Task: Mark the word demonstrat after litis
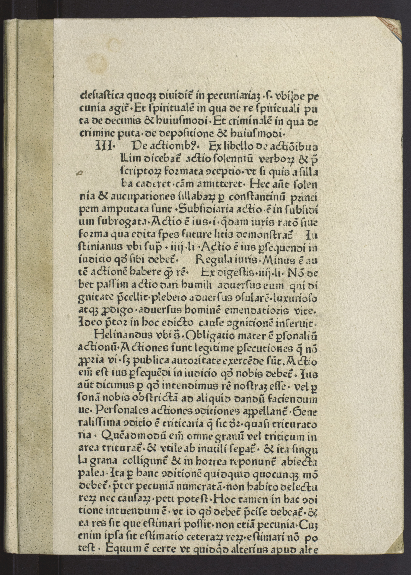(x=263, y=235)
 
